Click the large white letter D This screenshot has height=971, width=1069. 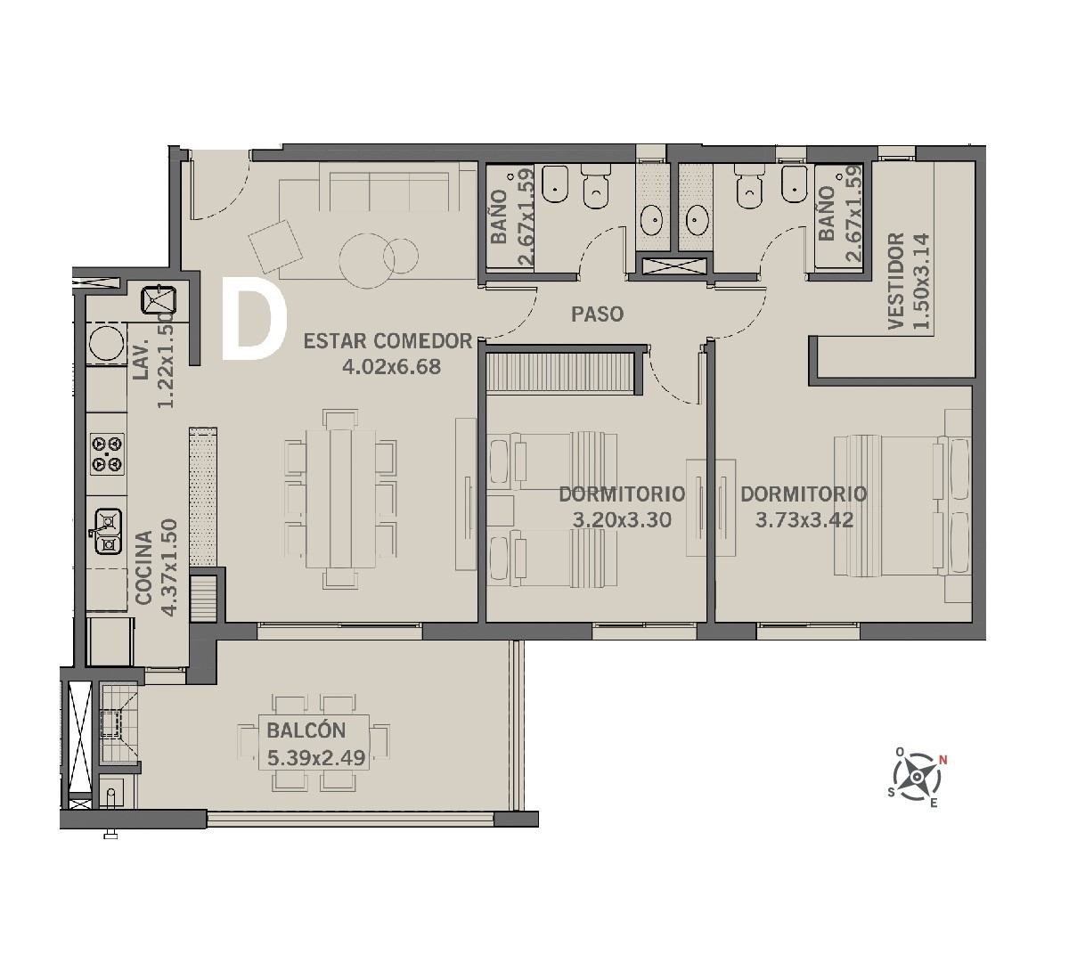254,318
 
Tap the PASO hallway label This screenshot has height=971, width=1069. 597,314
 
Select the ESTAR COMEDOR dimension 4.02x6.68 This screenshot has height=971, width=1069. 392,367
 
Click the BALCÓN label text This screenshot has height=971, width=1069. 306,730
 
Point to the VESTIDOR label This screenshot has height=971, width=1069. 897,281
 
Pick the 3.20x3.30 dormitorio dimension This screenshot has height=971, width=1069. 622,519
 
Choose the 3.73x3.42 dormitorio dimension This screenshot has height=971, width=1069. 804,519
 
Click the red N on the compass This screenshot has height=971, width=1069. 943,761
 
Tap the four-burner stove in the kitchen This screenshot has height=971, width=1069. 108,453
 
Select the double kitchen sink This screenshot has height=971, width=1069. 108,531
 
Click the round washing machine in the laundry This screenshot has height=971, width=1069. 106,341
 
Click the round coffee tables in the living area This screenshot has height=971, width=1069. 379,255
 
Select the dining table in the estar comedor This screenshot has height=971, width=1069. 340,499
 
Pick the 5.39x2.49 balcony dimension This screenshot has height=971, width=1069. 316,757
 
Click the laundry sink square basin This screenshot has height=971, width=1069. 159,300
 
